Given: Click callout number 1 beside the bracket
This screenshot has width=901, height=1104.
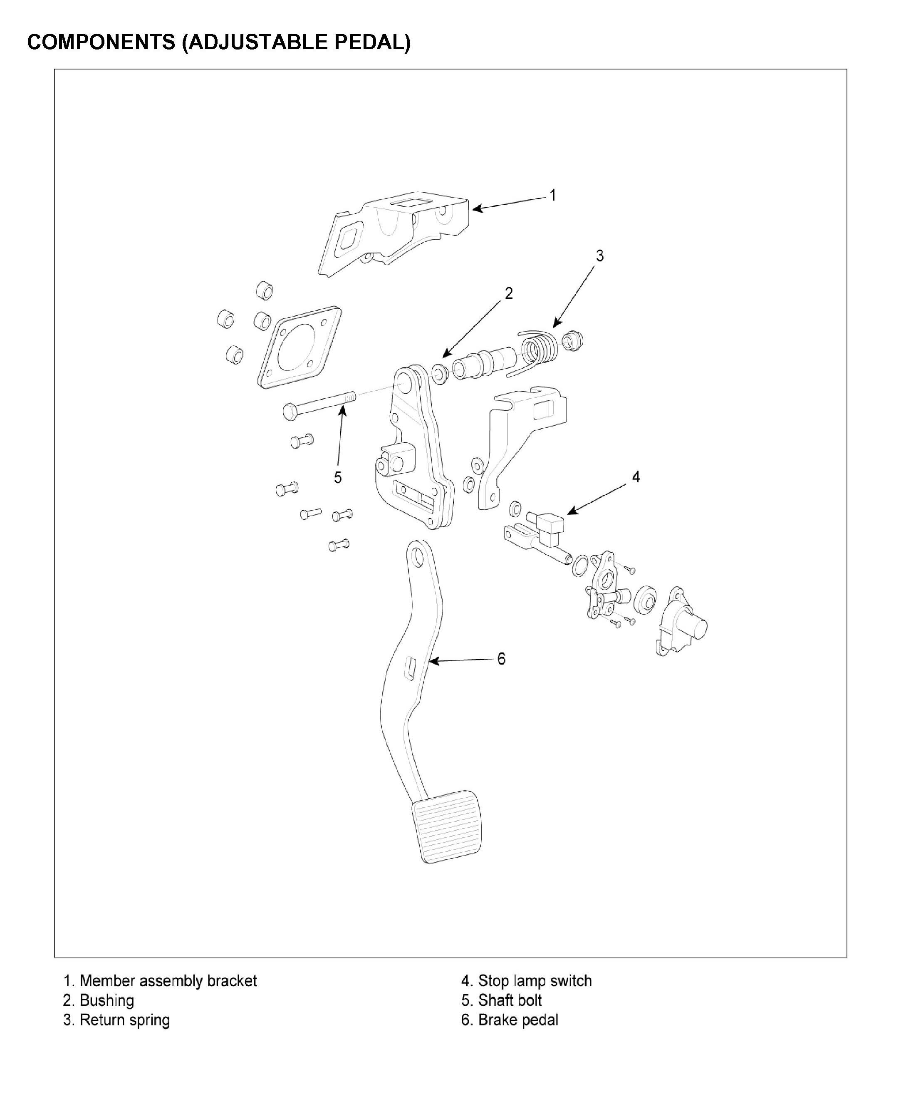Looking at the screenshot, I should [x=553, y=195].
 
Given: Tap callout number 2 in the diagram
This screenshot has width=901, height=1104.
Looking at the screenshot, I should [x=509, y=293].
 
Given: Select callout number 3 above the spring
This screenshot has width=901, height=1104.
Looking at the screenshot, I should [x=599, y=256].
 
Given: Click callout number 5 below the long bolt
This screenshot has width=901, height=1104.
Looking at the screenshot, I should [x=338, y=477].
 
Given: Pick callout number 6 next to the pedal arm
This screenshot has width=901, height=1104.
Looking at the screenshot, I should [x=501, y=658].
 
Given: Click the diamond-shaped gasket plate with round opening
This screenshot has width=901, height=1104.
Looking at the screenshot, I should [x=300, y=346].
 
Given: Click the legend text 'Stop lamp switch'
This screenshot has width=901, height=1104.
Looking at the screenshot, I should [x=534, y=981].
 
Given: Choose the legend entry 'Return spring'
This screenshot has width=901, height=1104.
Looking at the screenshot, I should [x=124, y=1020].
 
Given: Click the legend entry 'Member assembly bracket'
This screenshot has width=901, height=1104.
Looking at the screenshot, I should [x=168, y=981].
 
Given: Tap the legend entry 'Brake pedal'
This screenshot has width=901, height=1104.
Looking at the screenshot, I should [x=517, y=1020].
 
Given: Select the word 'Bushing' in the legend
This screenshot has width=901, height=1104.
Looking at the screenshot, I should [x=106, y=1000].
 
